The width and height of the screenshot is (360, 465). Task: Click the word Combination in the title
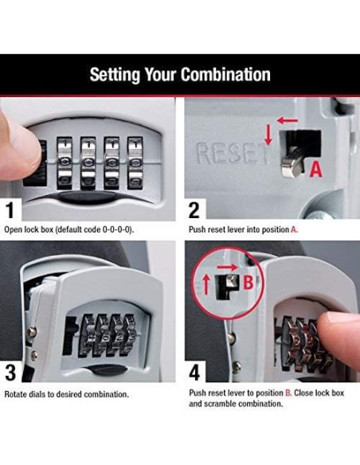pos(225,76)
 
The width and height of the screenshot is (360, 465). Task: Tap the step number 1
pos(10,211)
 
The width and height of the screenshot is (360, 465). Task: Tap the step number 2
pos(194,211)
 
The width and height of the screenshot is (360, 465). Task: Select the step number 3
pos(10,372)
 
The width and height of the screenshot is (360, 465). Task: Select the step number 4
pos(194,372)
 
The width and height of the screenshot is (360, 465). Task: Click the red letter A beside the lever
pos(315,168)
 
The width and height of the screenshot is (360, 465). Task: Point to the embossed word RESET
pos(231,153)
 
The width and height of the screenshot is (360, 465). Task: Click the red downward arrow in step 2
pos(268,133)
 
